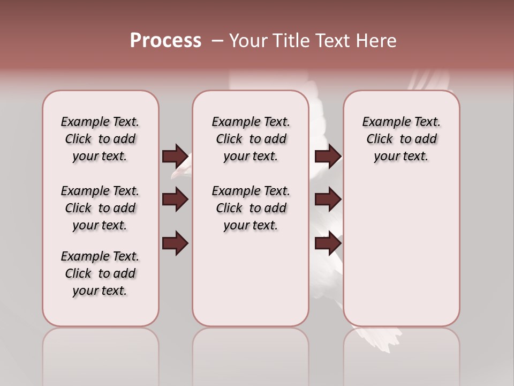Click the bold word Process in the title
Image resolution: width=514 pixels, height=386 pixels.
[165, 41]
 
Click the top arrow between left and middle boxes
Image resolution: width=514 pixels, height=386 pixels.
[175, 156]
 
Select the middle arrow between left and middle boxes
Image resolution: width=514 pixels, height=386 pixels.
[175, 199]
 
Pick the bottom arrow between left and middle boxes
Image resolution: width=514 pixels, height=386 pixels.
[175, 243]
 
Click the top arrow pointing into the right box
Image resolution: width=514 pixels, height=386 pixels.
[328, 156]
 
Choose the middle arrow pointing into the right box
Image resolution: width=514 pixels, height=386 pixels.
[328, 199]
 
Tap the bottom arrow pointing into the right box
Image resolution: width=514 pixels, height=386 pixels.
[328, 243]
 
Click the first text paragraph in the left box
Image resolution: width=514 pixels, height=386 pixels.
[100, 139]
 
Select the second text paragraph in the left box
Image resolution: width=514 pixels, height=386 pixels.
[100, 208]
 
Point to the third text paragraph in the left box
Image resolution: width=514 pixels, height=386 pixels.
[100, 273]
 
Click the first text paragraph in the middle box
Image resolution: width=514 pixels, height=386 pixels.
[251, 139]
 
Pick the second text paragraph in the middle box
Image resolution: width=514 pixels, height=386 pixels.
[251, 208]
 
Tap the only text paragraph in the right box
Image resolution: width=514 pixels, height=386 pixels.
[401, 139]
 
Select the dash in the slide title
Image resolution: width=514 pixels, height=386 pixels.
[217, 41]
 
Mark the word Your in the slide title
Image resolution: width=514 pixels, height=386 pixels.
[247, 41]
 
